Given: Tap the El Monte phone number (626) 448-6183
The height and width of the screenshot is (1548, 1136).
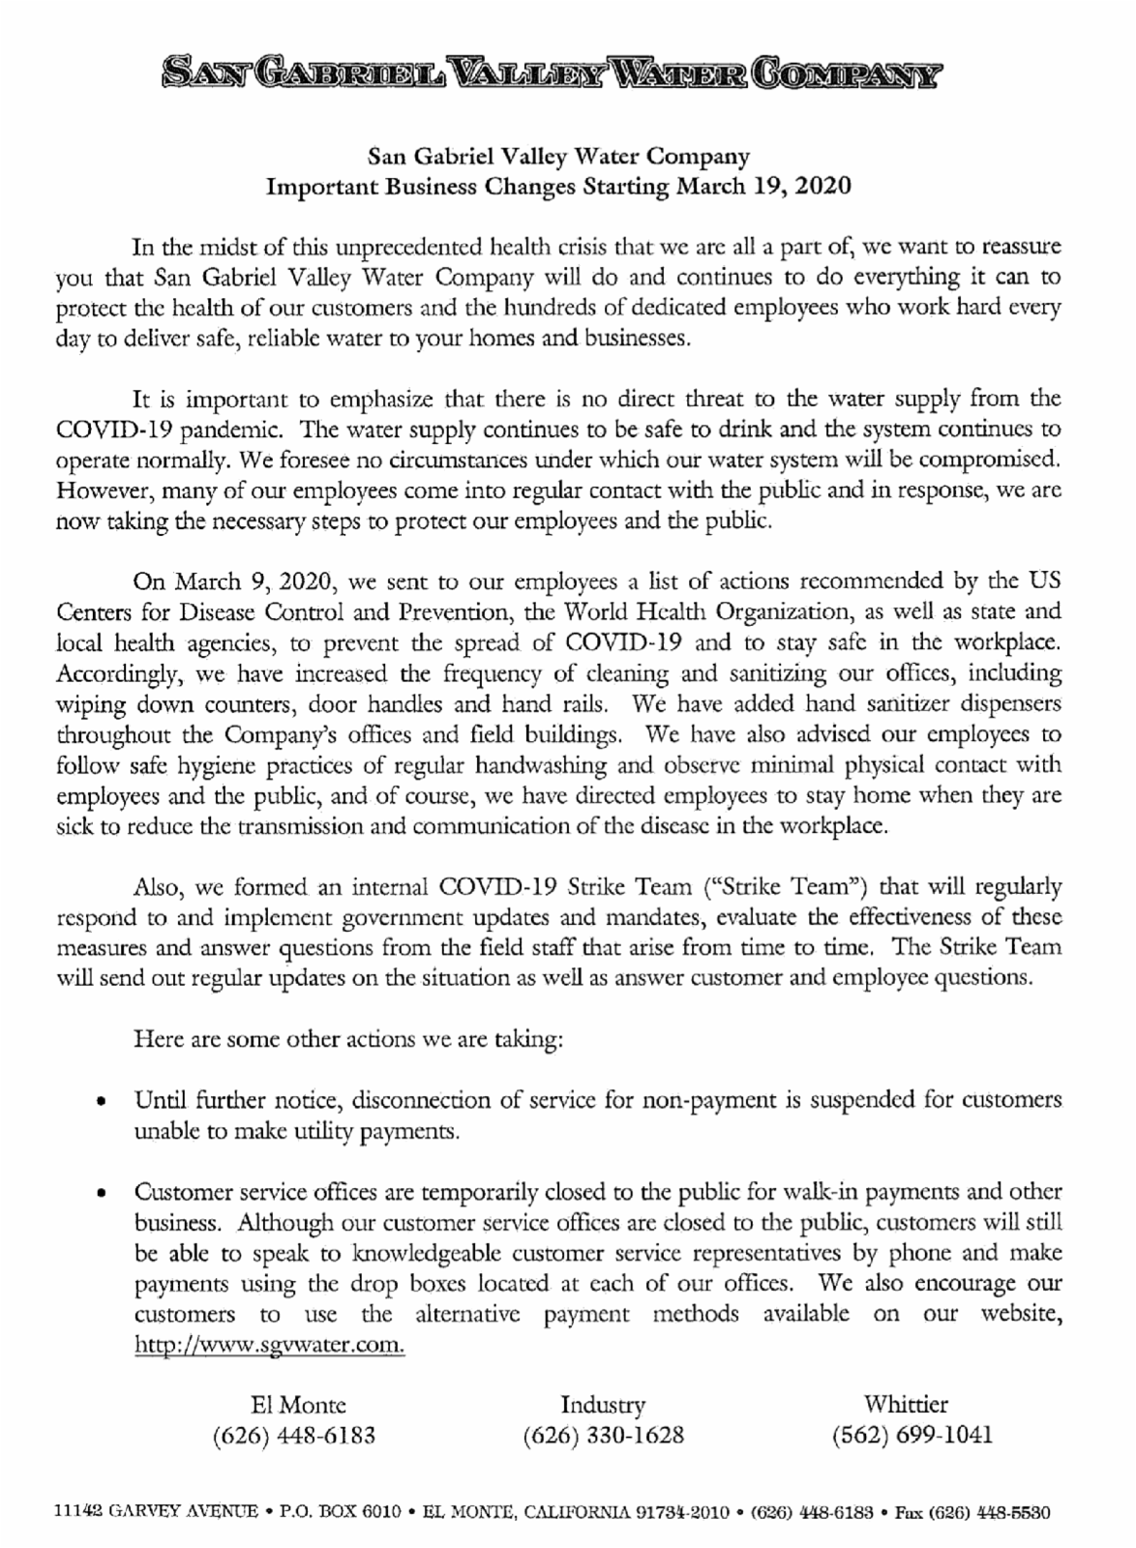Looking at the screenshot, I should (293, 1435).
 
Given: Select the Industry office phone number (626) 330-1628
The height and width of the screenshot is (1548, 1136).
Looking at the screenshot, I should (603, 1435).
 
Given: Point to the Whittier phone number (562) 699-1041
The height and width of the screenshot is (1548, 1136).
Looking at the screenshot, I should (912, 1435).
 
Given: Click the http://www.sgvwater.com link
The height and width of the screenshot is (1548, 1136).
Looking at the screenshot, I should (269, 1346).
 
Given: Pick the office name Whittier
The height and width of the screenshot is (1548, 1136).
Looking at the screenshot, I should (906, 1404).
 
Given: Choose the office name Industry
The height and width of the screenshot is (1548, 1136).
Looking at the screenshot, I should (603, 1405).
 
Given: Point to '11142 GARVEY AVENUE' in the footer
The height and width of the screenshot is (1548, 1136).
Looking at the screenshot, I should (156, 1511).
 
